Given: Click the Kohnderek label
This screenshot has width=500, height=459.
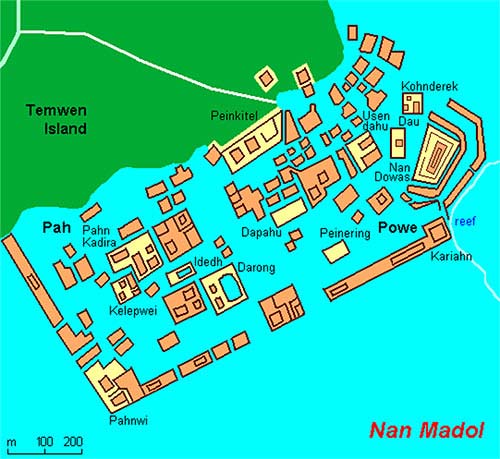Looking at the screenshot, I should tap(429, 87).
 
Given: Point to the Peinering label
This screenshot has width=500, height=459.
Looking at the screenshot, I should tap(345, 234).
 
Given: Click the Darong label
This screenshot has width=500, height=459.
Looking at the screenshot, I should tap(256, 268).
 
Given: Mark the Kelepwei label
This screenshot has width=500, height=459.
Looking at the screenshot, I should tap(131, 310).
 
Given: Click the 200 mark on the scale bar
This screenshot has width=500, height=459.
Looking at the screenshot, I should tap(73, 441).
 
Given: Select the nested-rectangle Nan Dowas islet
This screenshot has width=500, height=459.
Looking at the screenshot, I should tap(436, 157).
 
